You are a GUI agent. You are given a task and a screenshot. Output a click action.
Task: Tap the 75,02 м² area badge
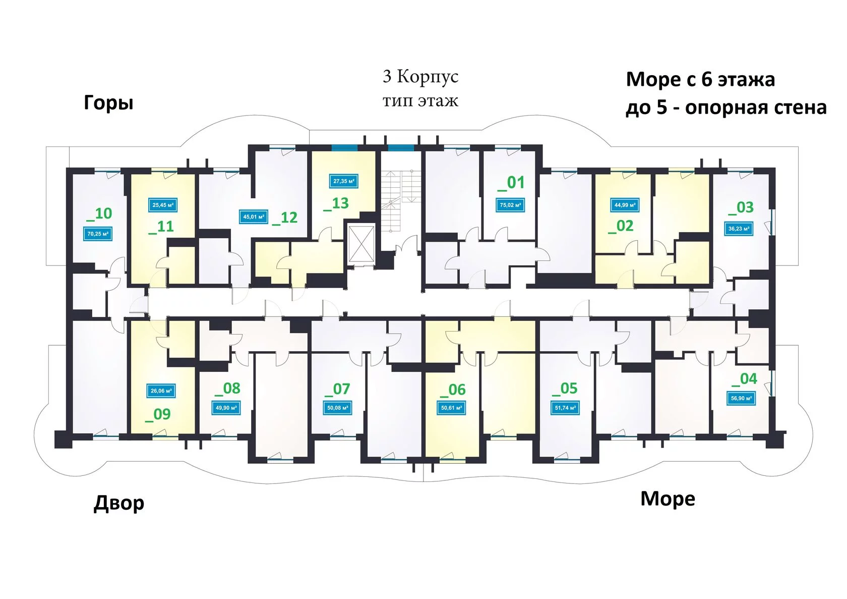[510, 205]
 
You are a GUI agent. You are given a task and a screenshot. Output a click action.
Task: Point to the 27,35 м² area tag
[343, 181]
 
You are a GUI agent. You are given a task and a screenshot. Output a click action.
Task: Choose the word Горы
[108, 102]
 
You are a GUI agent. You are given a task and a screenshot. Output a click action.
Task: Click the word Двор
[119, 503]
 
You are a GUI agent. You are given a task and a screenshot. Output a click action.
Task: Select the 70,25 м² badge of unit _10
[98, 234]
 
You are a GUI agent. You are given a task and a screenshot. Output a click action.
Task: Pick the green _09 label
[158, 414]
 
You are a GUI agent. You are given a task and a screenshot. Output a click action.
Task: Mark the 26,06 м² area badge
[161, 391]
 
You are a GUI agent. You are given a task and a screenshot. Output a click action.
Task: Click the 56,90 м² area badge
[741, 398]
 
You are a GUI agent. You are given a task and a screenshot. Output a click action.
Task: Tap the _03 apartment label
[741, 208]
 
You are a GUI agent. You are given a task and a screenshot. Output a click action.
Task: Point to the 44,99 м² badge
[625, 205]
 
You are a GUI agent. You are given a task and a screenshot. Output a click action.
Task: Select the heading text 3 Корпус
[420, 77]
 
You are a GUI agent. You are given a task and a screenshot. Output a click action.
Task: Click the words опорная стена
[756, 107]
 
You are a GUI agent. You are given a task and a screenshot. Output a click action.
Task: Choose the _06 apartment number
[453, 390]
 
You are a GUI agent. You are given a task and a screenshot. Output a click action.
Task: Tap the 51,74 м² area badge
[565, 408]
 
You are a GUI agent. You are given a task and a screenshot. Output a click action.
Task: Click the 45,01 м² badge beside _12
[253, 217]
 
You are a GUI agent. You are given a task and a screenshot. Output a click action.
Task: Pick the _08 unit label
[227, 389]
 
